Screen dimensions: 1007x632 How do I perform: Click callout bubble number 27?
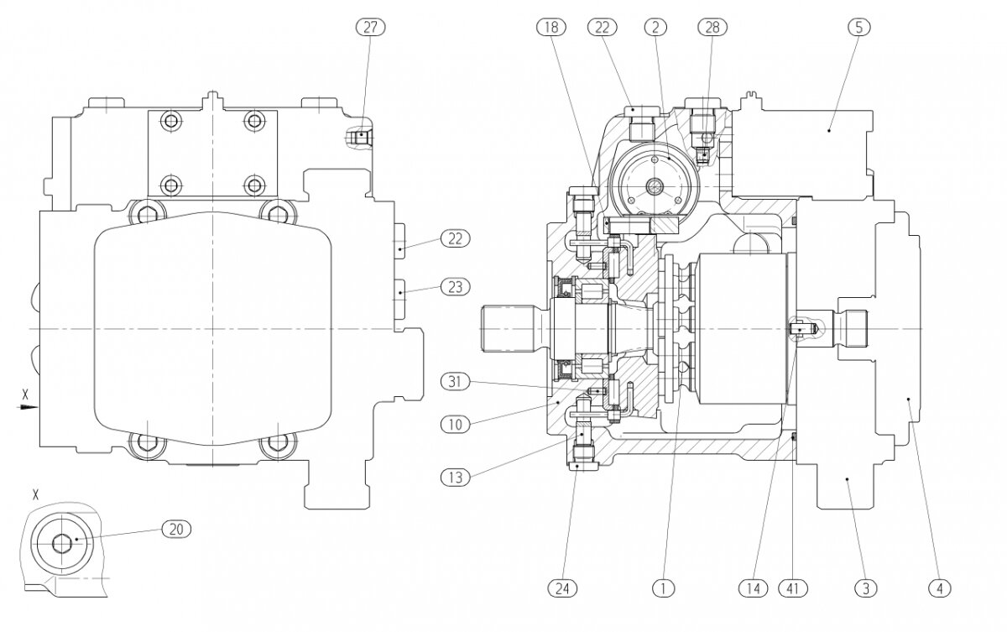click(370, 28)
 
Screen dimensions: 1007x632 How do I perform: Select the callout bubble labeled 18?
click(551, 28)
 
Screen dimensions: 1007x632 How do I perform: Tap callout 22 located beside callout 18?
click(603, 28)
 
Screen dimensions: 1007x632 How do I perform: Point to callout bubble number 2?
click(655, 28)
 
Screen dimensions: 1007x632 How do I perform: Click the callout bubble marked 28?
click(712, 28)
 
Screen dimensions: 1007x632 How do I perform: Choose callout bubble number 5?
click(859, 28)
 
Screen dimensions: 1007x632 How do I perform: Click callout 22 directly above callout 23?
click(456, 238)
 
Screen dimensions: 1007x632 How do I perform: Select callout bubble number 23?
click(456, 287)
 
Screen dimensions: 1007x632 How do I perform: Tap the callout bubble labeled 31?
click(456, 382)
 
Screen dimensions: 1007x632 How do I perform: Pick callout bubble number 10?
click(456, 425)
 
